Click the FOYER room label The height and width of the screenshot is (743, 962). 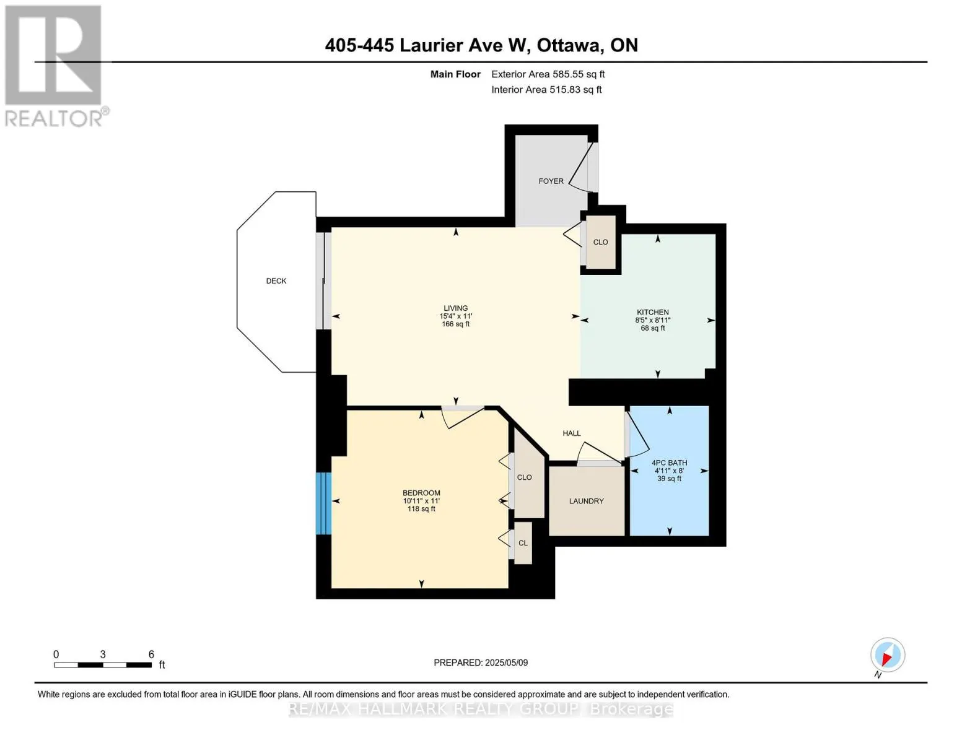tap(551, 181)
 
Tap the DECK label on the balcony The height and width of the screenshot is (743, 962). tap(276, 280)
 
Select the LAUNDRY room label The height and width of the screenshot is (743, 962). tap(586, 501)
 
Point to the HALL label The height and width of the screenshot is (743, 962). tap(572, 433)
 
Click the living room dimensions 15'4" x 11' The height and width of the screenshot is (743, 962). tap(455, 316)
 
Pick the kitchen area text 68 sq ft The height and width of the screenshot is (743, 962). tap(652, 328)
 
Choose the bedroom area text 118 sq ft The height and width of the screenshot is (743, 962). tap(421, 509)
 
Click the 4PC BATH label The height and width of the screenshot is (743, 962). tap(669, 463)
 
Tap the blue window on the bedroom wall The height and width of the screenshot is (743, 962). tap(323, 503)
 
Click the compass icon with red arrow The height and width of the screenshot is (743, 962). tap(887, 655)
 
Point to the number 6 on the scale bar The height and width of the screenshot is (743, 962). tap(151, 654)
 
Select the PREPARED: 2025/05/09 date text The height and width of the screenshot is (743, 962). tap(481, 663)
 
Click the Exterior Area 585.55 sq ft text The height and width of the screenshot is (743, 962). tap(548, 74)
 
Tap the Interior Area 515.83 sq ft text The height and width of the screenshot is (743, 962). tap(546, 89)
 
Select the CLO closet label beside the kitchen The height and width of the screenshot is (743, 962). tap(600, 242)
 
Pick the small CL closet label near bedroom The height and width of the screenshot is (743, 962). tap(523, 543)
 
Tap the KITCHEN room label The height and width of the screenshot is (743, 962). tap(652, 313)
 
